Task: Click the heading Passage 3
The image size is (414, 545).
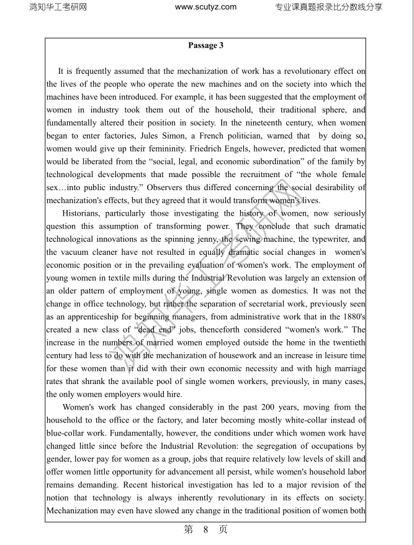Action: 205,45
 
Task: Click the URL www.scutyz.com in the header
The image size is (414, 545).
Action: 206,7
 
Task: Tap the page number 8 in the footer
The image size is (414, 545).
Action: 206,529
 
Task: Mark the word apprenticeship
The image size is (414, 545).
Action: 92,318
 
